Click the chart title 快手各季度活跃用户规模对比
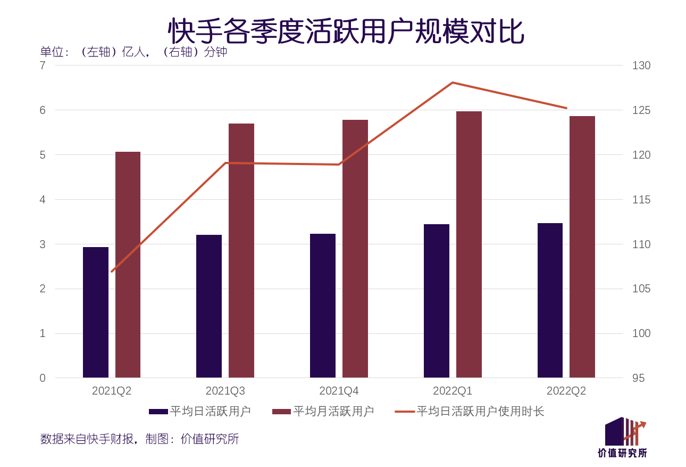coord(346,31)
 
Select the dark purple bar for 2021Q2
coord(96,313)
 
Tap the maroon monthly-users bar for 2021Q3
coord(241,250)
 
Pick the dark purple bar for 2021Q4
coord(323,306)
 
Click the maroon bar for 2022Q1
coord(469,244)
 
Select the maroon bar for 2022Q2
coord(582,247)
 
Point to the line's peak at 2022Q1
coord(453,83)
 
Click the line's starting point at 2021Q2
coord(112,271)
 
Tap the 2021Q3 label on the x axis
coord(225,391)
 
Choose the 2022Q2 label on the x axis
coord(566,391)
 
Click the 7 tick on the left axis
coord(43,65)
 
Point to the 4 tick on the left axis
coord(43,200)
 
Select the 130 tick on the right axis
coord(641,65)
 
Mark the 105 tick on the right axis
coord(641,289)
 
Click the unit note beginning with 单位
coord(133,52)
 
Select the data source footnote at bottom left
coord(139,439)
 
